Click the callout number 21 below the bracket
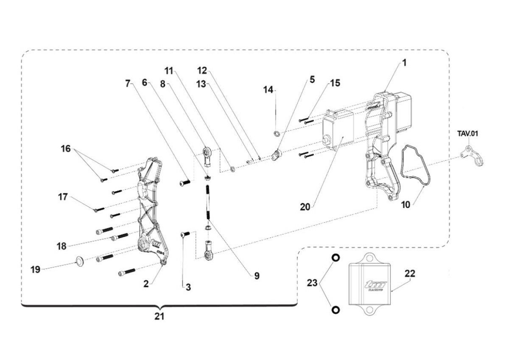159,316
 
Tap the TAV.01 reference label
467,134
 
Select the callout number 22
410,274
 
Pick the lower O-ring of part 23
335,310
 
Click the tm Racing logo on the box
372,287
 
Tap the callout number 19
35,270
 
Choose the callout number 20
305,207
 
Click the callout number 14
268,90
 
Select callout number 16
66,149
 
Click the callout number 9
257,276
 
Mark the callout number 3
188,287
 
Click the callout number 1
404,63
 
